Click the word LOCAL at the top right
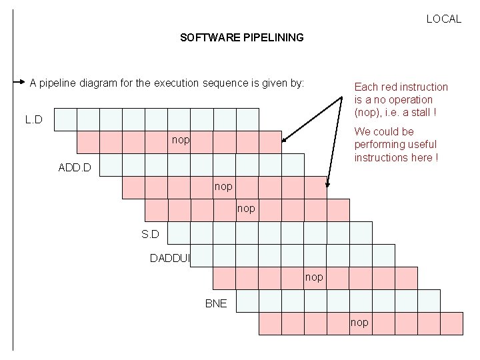[x=443, y=19]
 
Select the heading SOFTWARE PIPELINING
[x=241, y=37]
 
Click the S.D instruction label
[x=151, y=233]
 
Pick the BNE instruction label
[x=216, y=303]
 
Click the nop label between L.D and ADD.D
[x=180, y=141]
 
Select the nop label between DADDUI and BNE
[x=314, y=277]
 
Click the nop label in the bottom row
[x=359, y=323]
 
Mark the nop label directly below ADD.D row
[x=223, y=187]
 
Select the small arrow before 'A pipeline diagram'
[x=19, y=83]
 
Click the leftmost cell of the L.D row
[x=65, y=120]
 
